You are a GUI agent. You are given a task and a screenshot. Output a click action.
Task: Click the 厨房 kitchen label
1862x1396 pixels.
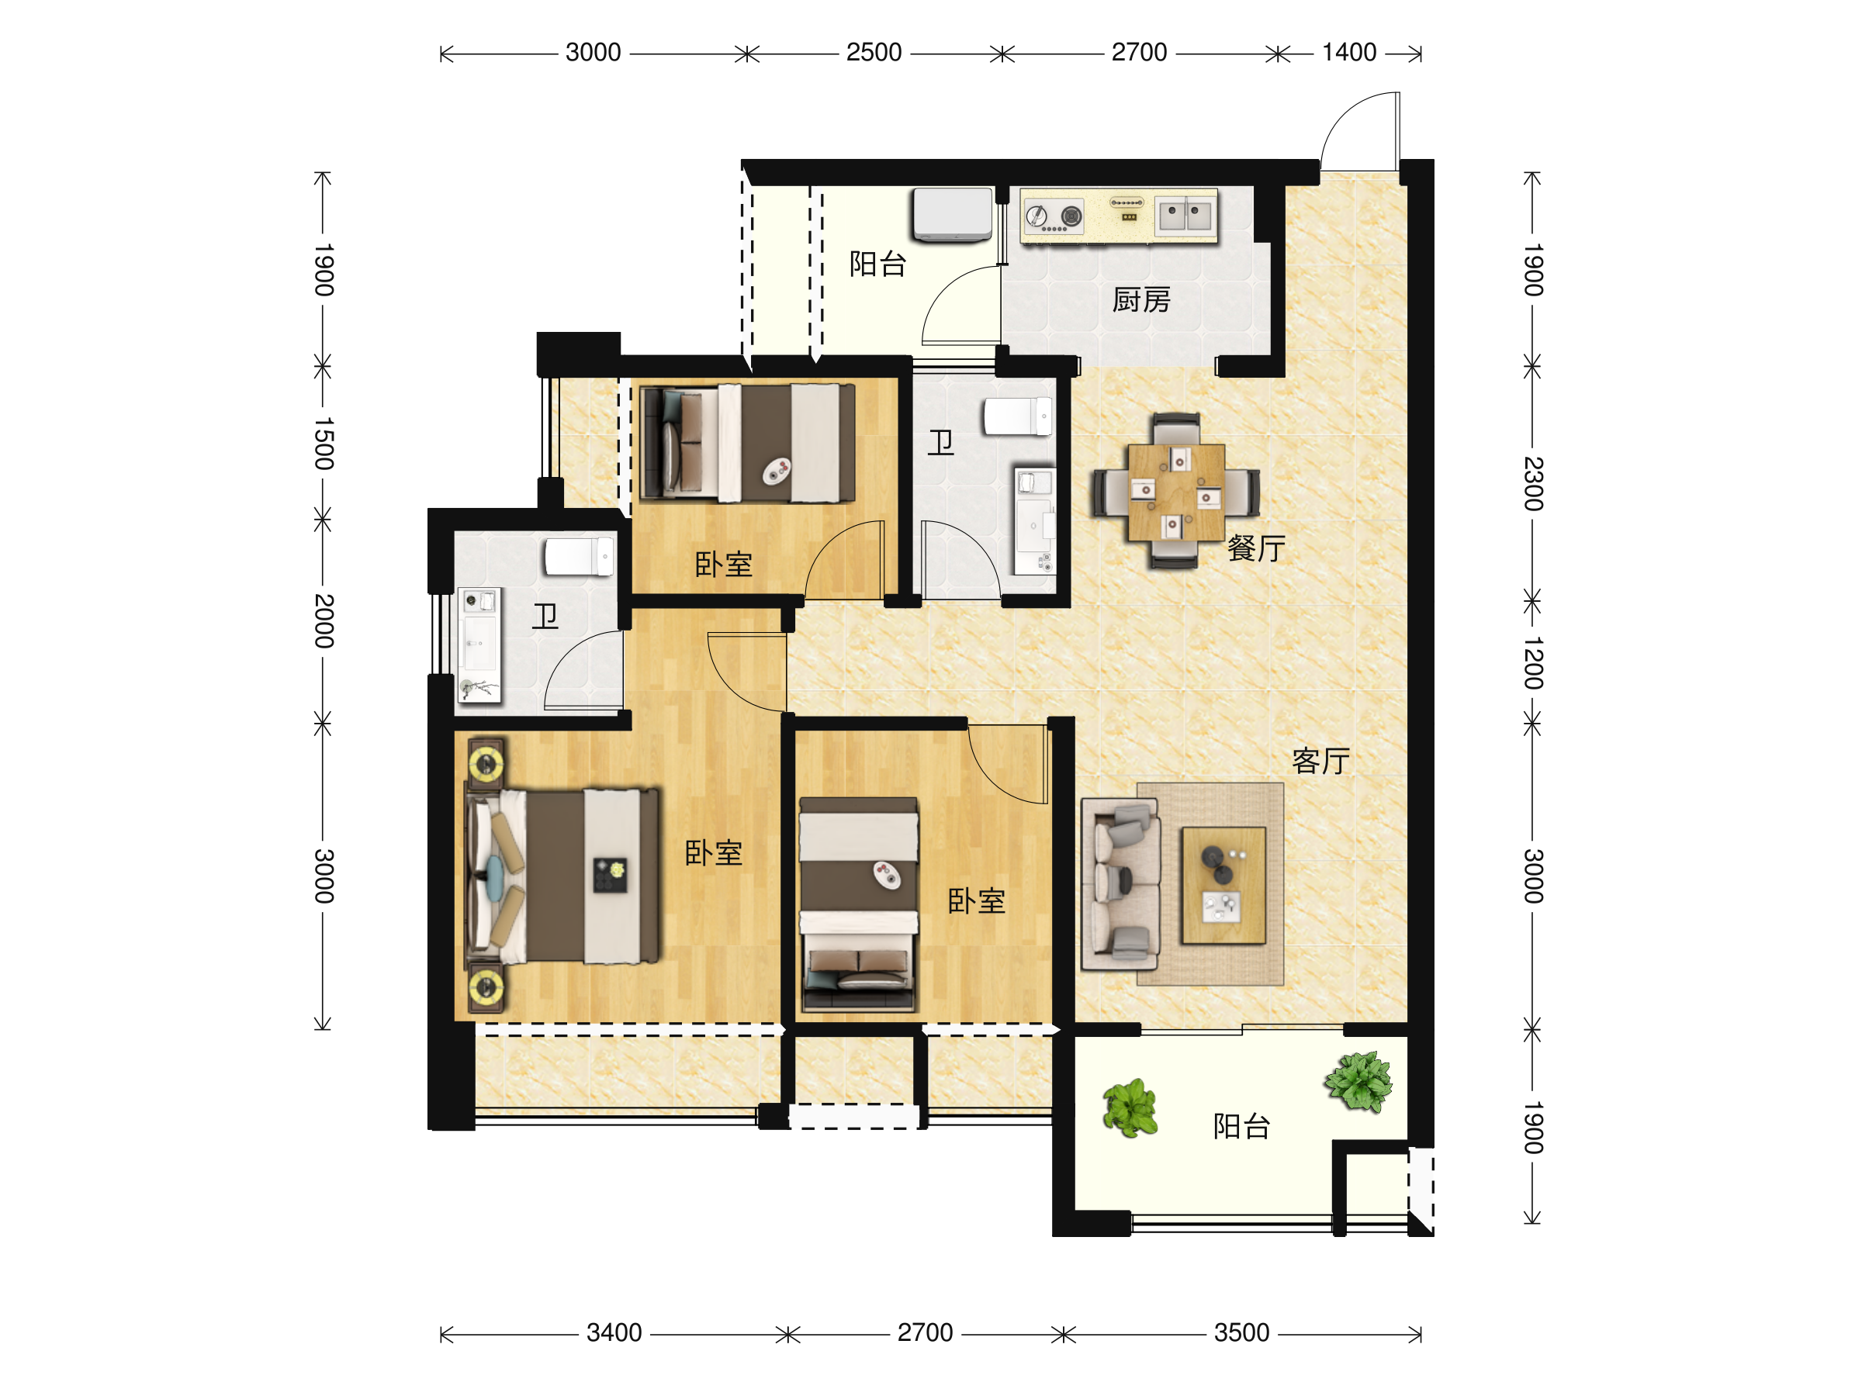(x=1141, y=299)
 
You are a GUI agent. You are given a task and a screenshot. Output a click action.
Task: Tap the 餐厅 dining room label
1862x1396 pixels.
(x=1256, y=548)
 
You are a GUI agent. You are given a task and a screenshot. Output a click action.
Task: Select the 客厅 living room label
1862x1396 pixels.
(x=1320, y=761)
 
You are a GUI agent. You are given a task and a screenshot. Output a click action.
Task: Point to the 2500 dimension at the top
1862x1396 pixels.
(x=874, y=52)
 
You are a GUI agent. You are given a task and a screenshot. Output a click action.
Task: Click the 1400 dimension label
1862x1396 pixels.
(x=1349, y=52)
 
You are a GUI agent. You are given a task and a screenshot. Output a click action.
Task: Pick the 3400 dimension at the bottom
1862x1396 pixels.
(x=614, y=1333)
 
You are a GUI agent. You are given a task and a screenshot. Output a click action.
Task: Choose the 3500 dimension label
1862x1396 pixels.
(x=1241, y=1333)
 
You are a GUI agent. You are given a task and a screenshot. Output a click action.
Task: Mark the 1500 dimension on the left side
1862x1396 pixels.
(x=324, y=444)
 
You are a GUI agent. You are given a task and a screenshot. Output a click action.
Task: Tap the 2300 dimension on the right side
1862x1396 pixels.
(x=1534, y=484)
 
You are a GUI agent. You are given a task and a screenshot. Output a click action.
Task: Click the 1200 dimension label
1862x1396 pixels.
(x=1534, y=663)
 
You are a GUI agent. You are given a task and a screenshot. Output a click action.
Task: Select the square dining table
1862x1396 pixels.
(x=1177, y=492)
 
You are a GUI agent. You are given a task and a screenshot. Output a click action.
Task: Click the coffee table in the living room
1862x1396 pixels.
(x=1224, y=885)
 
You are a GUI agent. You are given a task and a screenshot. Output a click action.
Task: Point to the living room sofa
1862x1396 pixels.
(x=1120, y=883)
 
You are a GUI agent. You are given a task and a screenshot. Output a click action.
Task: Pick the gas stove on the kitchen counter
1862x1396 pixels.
(x=1054, y=216)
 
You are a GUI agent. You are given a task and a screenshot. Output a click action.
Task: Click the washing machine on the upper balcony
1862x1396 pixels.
(x=953, y=215)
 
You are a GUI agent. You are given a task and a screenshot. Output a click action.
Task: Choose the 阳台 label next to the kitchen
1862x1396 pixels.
(x=878, y=264)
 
